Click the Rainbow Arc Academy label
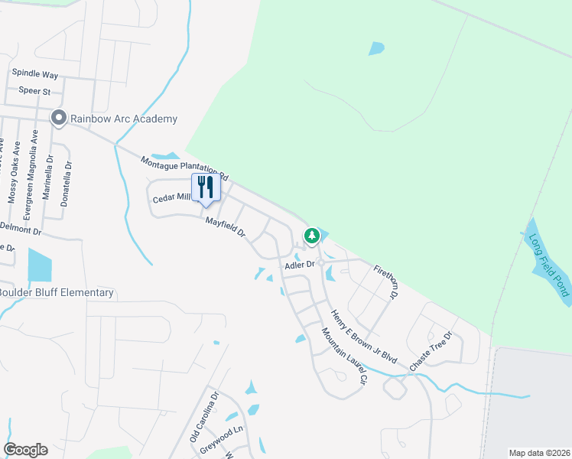pyautogui.click(x=124, y=119)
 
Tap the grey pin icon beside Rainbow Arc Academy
pyautogui.click(x=58, y=119)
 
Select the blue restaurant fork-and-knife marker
pyautogui.click(x=205, y=188)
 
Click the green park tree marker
pyautogui.click(x=311, y=236)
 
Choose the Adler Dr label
pyautogui.click(x=300, y=265)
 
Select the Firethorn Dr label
pyautogui.click(x=386, y=282)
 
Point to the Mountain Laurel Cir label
pyautogui.click(x=345, y=356)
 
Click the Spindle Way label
pyautogui.click(x=35, y=74)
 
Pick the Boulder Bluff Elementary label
pyautogui.click(x=57, y=292)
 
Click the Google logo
pyautogui.click(x=25, y=450)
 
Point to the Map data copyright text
pyautogui.click(x=539, y=453)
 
